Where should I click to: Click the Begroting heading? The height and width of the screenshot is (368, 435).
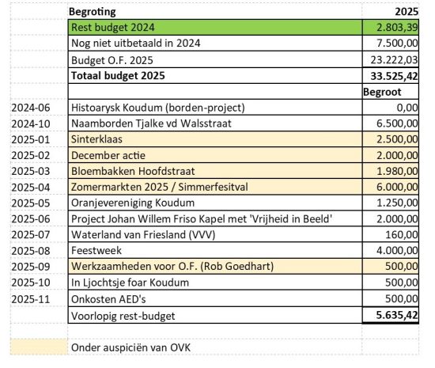93,13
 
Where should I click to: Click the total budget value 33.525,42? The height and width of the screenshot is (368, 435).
391,76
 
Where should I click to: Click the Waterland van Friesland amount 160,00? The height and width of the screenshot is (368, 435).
400,235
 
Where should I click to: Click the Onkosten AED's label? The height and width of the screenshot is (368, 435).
106,299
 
